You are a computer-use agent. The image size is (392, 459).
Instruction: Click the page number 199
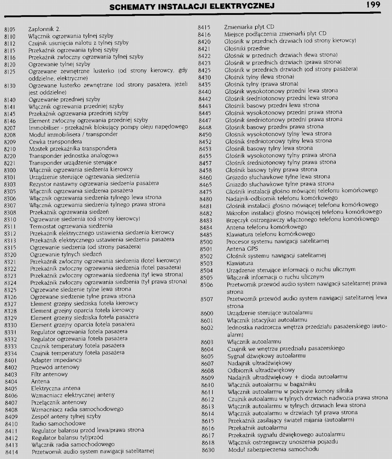(x=372, y=5)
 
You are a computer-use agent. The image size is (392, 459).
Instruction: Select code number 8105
(x=10, y=29)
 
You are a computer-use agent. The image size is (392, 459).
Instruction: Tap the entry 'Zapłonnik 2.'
(x=44, y=29)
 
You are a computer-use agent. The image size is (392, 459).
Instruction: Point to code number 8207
(x=10, y=127)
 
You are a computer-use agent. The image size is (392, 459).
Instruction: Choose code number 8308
(x=10, y=212)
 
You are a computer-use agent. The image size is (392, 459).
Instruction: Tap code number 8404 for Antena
(x=11, y=381)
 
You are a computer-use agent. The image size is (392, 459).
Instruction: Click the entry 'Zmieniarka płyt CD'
(x=249, y=27)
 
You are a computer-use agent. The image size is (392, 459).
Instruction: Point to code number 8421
(x=204, y=48)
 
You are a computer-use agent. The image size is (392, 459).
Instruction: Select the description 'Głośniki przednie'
(x=247, y=48)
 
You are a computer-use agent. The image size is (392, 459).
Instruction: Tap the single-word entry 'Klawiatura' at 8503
(x=240, y=263)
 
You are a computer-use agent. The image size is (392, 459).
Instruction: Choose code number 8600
(x=207, y=313)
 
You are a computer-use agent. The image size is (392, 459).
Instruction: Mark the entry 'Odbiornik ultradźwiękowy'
(x=261, y=370)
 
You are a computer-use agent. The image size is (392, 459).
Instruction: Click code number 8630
(x=208, y=449)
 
